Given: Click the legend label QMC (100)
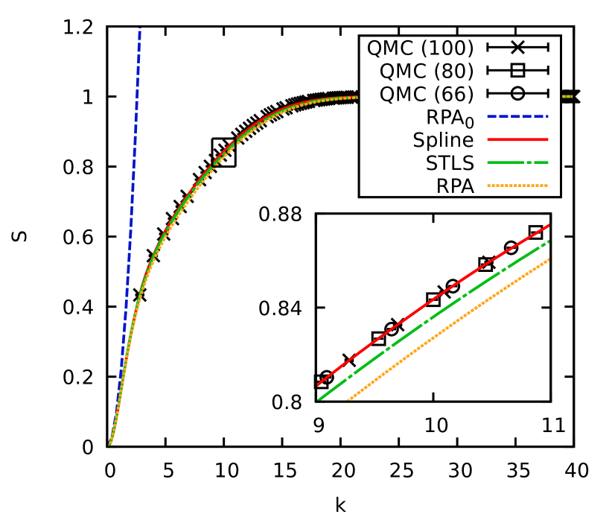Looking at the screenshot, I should [420, 48].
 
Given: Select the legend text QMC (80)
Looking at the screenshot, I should [426, 71].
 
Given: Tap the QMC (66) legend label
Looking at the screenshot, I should [426, 94].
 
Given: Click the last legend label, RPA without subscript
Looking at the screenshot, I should [455, 186].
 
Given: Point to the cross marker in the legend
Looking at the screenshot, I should [517, 48].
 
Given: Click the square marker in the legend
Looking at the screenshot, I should [517, 71].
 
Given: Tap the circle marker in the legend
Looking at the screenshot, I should [517, 94].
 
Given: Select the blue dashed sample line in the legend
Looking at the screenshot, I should [517, 116].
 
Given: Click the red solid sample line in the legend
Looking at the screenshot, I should [517, 139].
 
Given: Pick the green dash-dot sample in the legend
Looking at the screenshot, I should [517, 162].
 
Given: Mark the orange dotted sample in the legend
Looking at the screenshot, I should [517, 186].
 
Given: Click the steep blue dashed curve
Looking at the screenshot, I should [131, 186].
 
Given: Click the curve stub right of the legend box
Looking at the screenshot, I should [566, 96].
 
